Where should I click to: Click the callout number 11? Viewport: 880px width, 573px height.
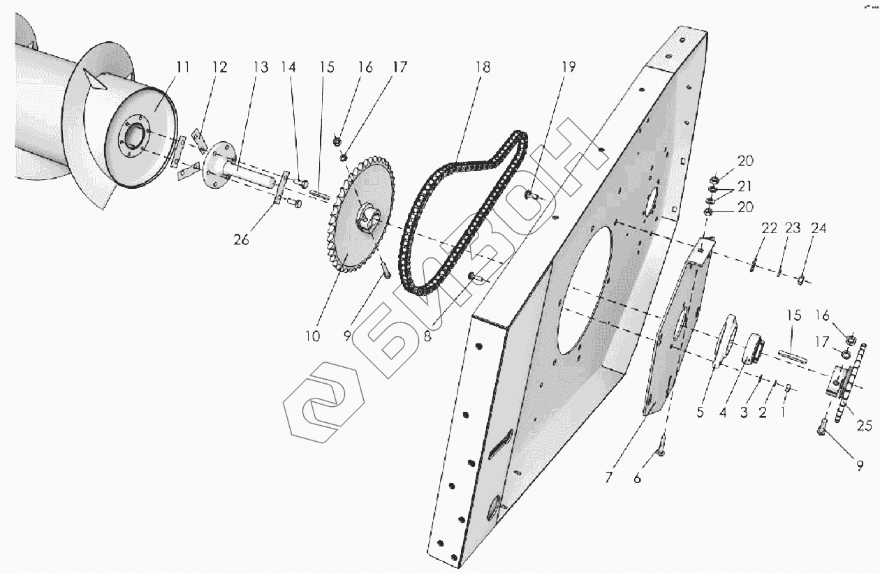(182, 68)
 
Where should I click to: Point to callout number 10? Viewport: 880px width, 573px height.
(311, 336)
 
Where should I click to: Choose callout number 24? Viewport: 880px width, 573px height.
(818, 228)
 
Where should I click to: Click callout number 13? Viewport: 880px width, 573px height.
(261, 68)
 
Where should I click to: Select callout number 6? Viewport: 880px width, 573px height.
(637, 479)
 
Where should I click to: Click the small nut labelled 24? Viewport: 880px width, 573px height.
(802, 281)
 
